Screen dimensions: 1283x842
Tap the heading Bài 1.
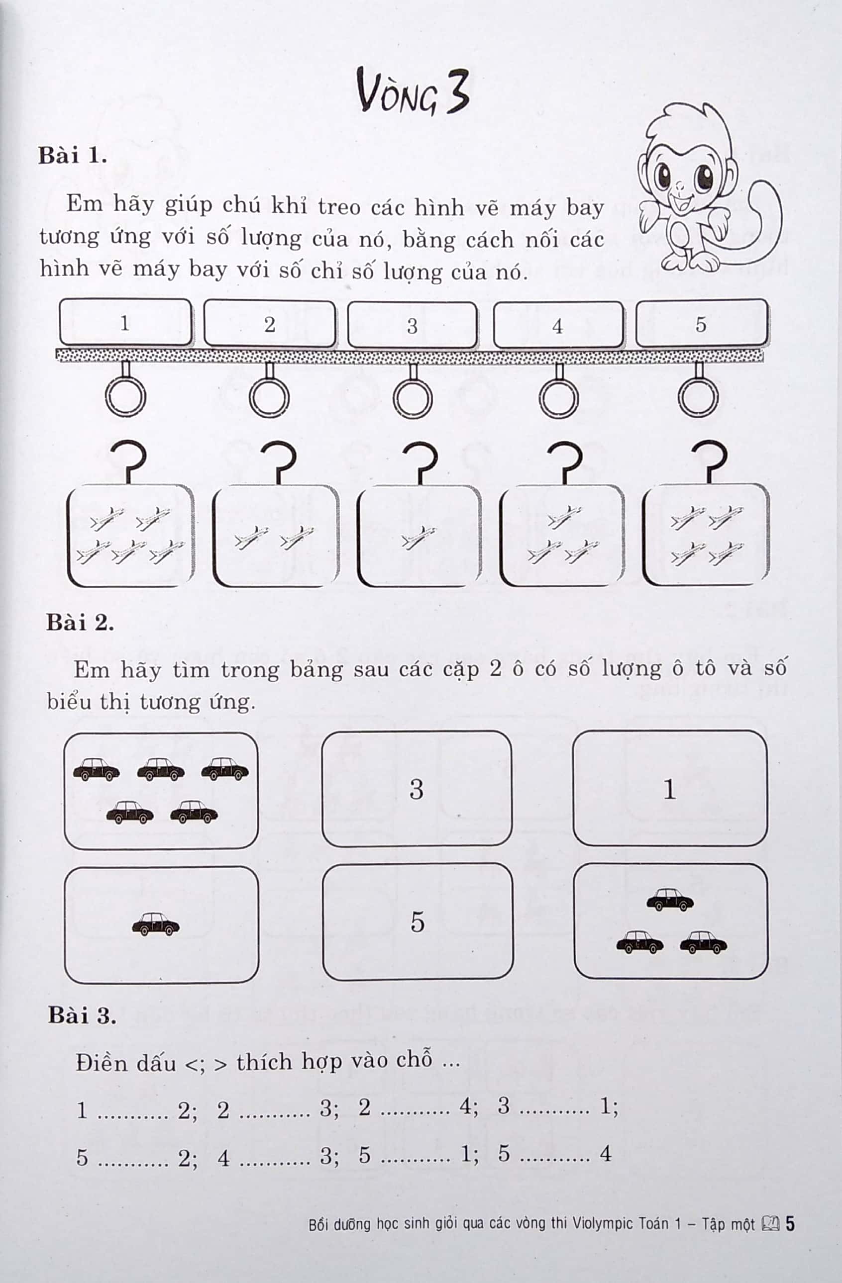[72, 156]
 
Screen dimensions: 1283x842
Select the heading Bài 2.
[80, 623]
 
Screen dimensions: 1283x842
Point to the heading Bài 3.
[82, 1015]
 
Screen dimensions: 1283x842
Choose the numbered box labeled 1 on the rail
[125, 323]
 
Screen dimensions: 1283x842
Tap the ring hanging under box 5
[698, 398]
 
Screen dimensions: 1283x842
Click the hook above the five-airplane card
[129, 461]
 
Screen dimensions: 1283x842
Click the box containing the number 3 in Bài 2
[417, 789]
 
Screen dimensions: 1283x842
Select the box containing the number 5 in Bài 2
[418, 921]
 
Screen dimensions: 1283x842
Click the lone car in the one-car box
[156, 924]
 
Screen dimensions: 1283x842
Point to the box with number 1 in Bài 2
[669, 789]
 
